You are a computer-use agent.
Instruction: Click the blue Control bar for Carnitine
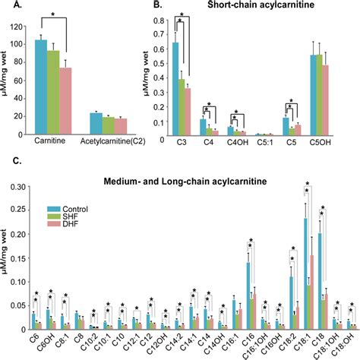[x=41, y=87]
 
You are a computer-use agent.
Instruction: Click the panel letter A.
[x=9, y=7]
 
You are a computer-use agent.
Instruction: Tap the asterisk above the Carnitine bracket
[x=52, y=14]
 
